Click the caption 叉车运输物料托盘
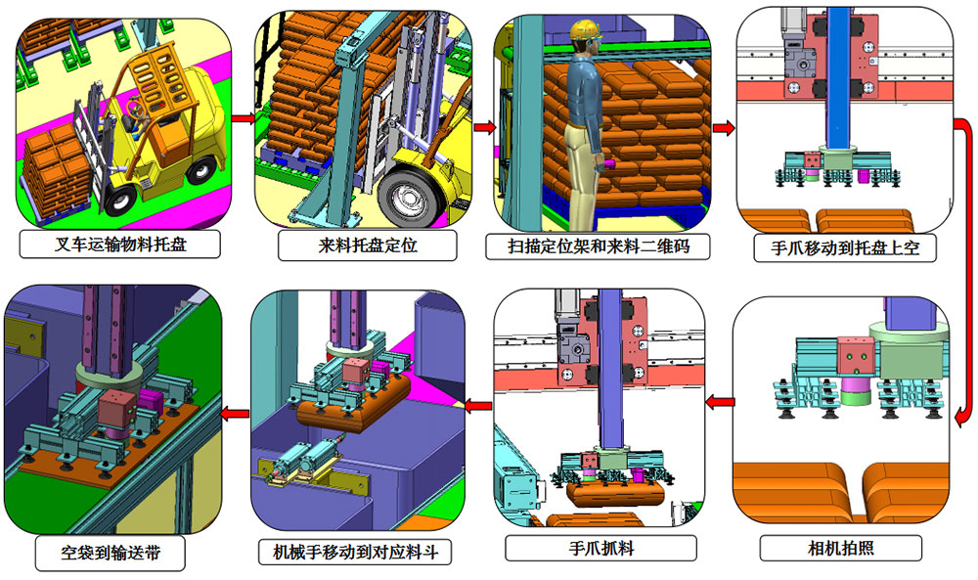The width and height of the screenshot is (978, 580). pos(119,245)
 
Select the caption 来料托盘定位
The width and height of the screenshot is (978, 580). pos(368,245)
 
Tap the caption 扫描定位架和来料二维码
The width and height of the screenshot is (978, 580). pos(599,246)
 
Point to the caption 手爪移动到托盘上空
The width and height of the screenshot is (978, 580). pos(845,247)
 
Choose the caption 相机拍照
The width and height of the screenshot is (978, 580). pos(841,548)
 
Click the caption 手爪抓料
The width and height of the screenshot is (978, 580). pos(601,548)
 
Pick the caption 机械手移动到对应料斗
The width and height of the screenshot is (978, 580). pos(356,552)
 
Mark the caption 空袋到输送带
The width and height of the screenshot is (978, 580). pos(111,552)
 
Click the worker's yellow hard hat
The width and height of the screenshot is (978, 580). pos(586,29)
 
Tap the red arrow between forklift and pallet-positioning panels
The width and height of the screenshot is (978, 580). pos(244,118)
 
